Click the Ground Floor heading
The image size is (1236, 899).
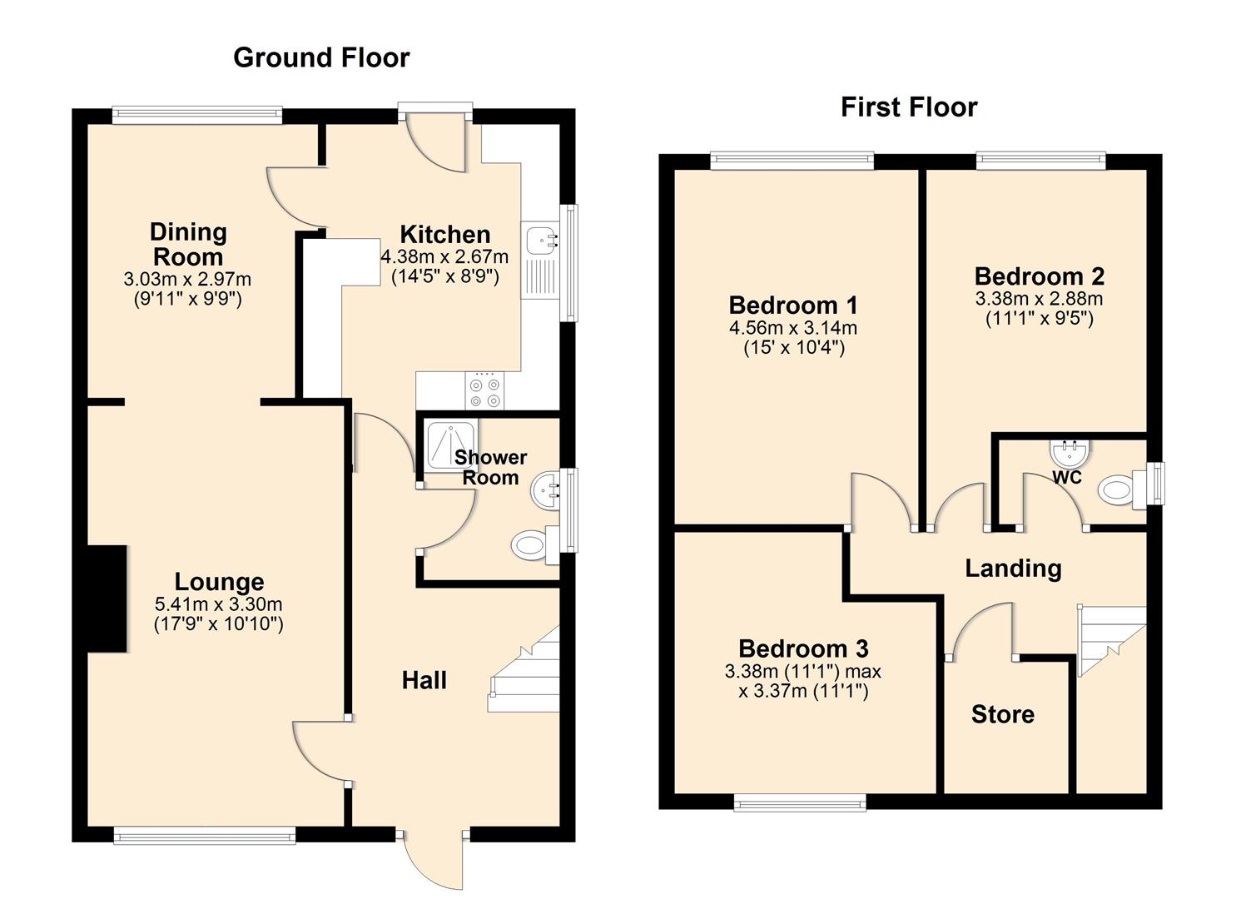coord(321,57)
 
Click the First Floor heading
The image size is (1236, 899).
coord(908,107)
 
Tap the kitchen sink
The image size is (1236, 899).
coord(541,240)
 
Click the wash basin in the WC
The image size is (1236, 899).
coord(1069,454)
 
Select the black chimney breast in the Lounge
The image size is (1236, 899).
coord(107,599)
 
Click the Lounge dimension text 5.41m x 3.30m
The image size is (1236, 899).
coord(218,604)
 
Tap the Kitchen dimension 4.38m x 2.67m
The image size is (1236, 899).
coord(444,257)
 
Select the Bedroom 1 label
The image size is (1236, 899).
coord(792,305)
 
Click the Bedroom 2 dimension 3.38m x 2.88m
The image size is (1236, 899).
coord(1039,299)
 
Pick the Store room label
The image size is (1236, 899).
coord(1002,714)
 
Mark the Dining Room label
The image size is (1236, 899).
coord(188,244)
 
